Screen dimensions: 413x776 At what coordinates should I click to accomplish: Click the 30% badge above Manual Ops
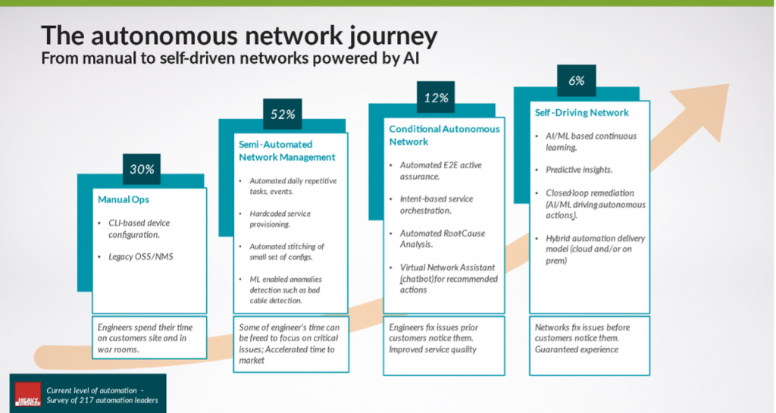coord(142,169)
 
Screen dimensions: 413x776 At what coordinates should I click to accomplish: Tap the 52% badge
coord(283,115)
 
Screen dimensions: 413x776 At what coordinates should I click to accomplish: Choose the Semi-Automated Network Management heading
coord(281,150)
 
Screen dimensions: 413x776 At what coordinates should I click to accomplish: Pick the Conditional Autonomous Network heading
coord(444,135)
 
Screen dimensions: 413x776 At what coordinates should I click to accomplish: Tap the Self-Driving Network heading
coord(582,113)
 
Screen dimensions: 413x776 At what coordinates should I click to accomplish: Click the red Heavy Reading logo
coord(28,396)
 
